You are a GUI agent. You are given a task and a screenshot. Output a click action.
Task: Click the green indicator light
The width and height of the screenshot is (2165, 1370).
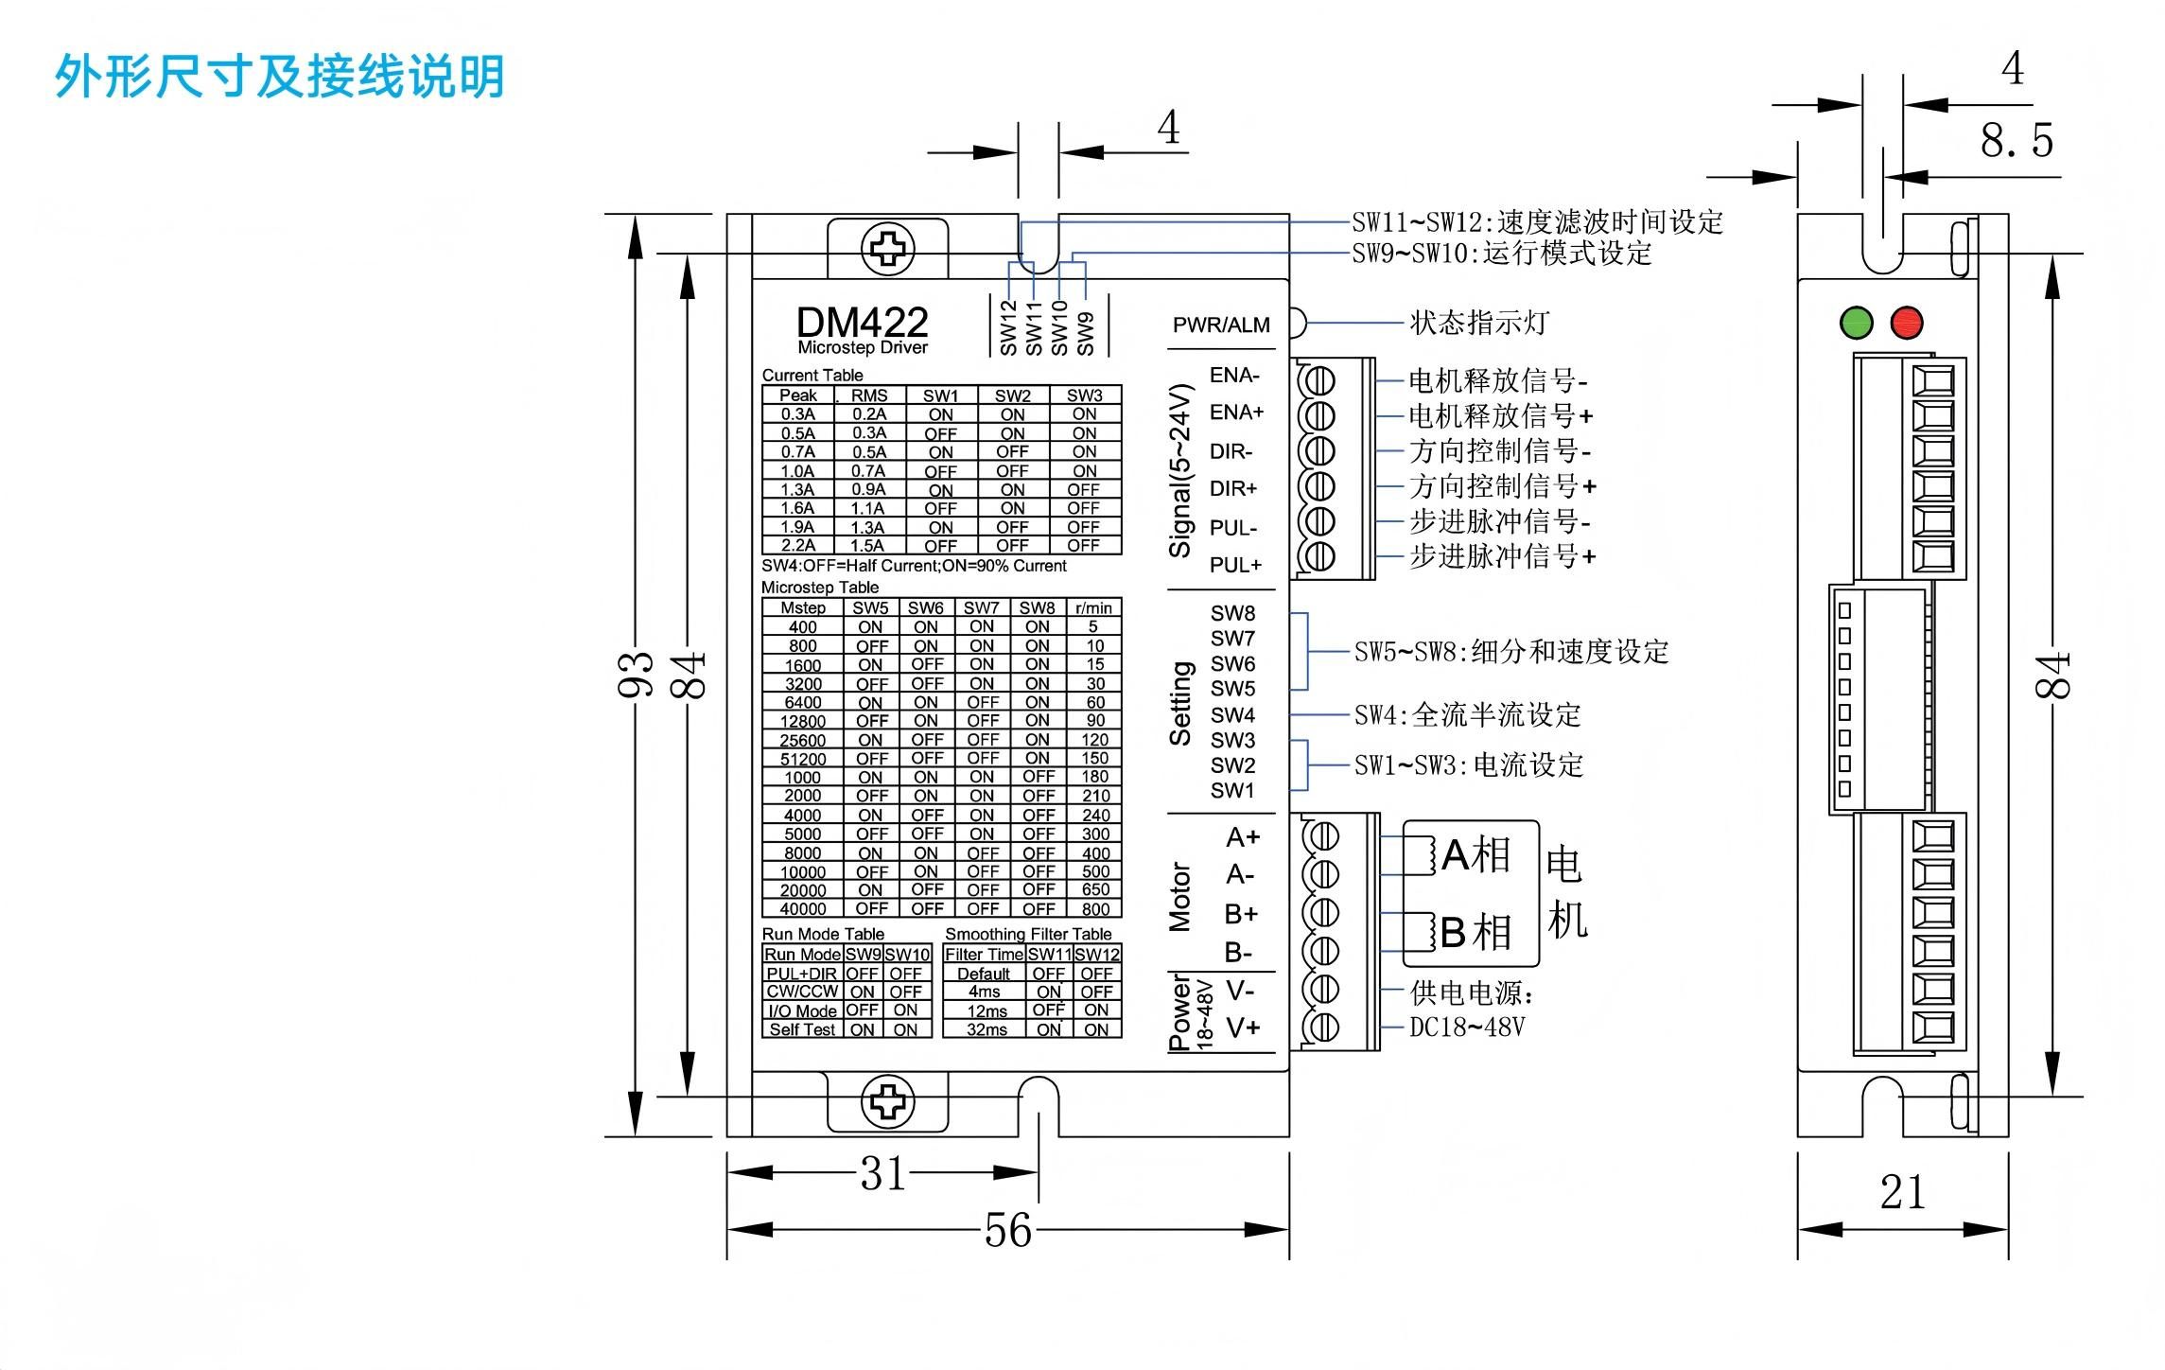coord(1857,323)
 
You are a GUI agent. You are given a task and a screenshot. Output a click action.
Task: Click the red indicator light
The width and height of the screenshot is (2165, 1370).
coord(1907,323)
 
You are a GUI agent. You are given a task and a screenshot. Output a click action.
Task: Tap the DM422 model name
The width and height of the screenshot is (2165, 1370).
coord(862,323)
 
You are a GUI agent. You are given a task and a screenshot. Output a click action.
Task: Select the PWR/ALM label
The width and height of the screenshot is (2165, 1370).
coord(1221,325)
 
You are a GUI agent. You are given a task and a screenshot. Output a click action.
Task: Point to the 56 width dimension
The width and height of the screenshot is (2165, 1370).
coord(1007,1230)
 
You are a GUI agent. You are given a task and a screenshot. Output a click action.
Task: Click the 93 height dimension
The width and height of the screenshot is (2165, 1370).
coord(637,675)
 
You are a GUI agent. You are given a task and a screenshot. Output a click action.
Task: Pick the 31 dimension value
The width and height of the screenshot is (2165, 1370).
coord(883,1174)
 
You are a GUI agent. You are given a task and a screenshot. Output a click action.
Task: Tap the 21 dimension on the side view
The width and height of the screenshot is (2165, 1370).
coord(1902,1192)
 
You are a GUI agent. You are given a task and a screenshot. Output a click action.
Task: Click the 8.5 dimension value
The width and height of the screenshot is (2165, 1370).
coord(2017,141)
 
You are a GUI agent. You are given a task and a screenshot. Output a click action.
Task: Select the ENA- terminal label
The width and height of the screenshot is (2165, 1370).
coord(1234,376)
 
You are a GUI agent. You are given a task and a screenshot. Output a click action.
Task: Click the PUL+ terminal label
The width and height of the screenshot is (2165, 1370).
coord(1235,565)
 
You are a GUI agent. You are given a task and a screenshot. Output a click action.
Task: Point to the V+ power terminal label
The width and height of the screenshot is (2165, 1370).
coord(1243,1027)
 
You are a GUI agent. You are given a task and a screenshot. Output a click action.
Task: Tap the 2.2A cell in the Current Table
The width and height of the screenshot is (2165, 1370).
coord(798,546)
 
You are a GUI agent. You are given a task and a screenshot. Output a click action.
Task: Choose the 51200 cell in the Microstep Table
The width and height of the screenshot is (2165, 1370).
coord(803,759)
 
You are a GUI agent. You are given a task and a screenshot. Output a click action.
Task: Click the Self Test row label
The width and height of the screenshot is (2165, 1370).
coord(802,1029)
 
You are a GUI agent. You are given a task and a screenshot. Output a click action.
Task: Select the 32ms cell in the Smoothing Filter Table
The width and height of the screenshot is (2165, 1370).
coord(986,1029)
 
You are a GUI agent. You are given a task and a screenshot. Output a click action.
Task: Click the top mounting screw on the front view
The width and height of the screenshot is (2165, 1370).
coord(887,249)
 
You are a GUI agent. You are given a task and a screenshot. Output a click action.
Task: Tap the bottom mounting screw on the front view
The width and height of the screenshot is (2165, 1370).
coord(887,1102)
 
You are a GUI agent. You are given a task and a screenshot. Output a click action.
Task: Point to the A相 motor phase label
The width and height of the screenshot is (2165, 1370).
coord(1475,855)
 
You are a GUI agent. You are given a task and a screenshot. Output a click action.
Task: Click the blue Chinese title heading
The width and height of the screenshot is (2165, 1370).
coord(280,77)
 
